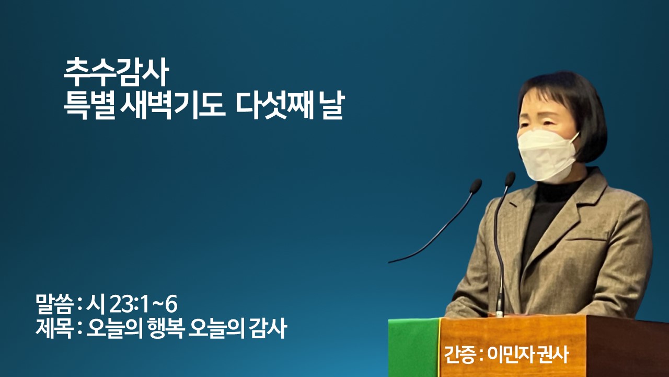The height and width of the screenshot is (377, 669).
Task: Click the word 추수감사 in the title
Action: click(x=116, y=72)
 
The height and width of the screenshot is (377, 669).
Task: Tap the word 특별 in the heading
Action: click(x=89, y=105)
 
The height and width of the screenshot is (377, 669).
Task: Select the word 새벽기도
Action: click(x=172, y=105)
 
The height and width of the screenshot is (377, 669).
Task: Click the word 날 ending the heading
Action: click(x=331, y=105)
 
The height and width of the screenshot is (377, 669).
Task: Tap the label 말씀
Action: click(x=54, y=305)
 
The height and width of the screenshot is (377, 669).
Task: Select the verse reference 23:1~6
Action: click(x=144, y=305)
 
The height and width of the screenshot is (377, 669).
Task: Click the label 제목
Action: click(x=54, y=328)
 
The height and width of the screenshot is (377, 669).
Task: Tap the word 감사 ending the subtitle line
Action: click(x=269, y=328)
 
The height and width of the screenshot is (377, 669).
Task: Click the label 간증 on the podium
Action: click(x=459, y=354)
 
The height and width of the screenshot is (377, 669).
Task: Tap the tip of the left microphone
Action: click(x=476, y=186)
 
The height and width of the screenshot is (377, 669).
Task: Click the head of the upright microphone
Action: click(x=510, y=179)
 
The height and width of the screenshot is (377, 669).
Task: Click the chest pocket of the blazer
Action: click(x=585, y=239)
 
